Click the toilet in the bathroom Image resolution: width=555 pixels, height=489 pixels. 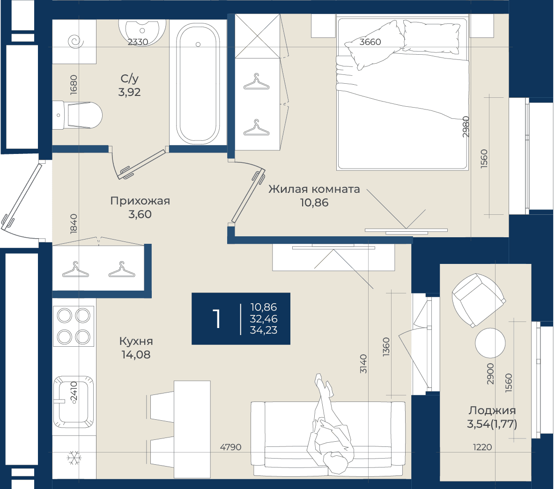click(x=77, y=115)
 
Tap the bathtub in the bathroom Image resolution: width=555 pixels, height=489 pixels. click(x=198, y=84)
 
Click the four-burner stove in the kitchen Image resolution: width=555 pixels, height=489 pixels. click(x=74, y=326)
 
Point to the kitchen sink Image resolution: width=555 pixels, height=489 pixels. click(x=74, y=401)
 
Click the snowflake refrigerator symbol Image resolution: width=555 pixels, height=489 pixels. click(x=74, y=458)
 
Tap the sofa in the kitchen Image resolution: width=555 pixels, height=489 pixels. click(x=328, y=439)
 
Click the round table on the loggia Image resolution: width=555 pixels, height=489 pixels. click(x=490, y=343)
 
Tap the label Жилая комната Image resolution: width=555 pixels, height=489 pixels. click(x=314, y=189)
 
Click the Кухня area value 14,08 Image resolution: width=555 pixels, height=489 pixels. click(x=136, y=355)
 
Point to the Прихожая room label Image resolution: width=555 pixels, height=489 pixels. click(x=140, y=201)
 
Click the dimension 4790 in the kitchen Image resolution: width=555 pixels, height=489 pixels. click(x=231, y=447)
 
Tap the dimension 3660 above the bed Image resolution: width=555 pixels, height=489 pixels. click(x=370, y=42)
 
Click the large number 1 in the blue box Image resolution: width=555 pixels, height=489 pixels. click(x=217, y=319)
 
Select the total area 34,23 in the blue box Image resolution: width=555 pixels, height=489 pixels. click(x=264, y=330)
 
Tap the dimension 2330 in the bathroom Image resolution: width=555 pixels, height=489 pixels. click(x=138, y=42)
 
